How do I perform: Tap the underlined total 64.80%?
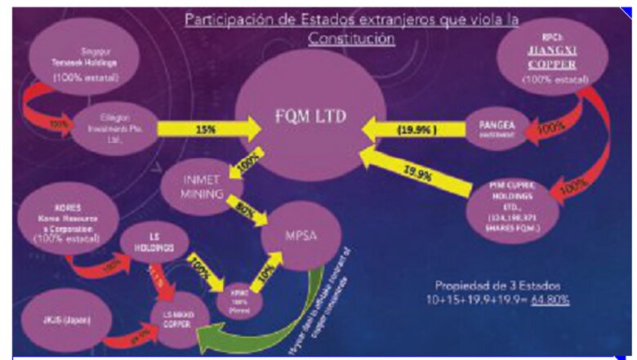tap(551, 300)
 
